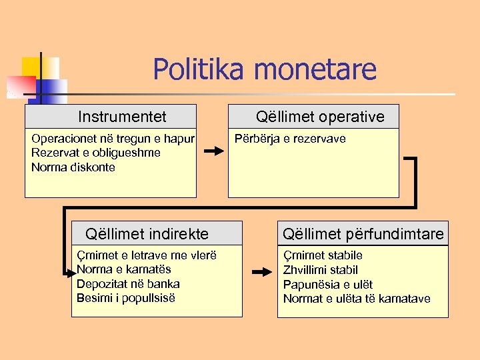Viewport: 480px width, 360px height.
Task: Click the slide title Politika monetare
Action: click(x=265, y=69)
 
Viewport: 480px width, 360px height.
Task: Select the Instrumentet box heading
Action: click(x=122, y=117)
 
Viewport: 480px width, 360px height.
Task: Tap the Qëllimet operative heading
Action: click(x=320, y=117)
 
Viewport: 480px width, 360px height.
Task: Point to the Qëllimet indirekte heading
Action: click(x=147, y=234)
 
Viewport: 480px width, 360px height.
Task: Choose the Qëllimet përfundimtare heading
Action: click(x=363, y=234)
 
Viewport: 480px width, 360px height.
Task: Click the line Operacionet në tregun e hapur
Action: click(x=113, y=139)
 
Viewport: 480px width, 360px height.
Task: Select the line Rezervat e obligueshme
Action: click(x=96, y=153)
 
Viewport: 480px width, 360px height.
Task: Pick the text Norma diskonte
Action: click(x=73, y=167)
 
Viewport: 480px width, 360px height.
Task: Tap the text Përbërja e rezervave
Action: click(x=290, y=139)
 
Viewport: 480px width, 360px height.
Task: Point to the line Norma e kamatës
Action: click(x=124, y=269)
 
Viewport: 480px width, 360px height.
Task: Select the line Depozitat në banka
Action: click(x=128, y=283)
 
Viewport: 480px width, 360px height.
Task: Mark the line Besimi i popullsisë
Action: click(x=126, y=297)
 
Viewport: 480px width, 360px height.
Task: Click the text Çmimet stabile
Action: click(x=323, y=255)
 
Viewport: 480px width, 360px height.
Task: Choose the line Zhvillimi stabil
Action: click(x=321, y=270)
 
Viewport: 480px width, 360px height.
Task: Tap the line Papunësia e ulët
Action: click(x=328, y=285)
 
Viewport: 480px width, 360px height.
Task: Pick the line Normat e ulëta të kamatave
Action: click(x=357, y=299)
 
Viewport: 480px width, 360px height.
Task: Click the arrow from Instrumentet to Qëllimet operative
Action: click(x=213, y=151)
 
